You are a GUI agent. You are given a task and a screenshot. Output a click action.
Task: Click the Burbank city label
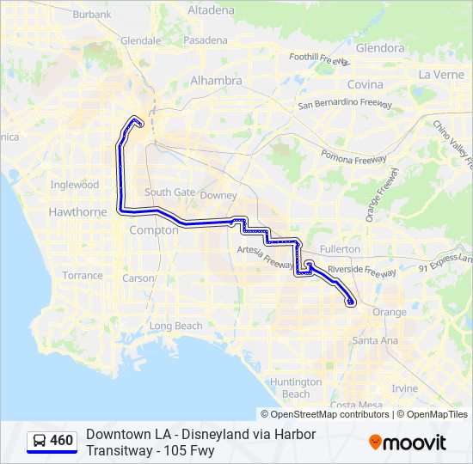(92, 14)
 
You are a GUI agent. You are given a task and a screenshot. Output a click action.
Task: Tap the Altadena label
(210, 10)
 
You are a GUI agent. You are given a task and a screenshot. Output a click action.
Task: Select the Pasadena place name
(205, 40)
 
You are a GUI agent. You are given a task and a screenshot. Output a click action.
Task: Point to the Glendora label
(379, 48)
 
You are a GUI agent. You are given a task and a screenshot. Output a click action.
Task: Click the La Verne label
(441, 75)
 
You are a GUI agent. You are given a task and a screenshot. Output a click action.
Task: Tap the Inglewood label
(75, 185)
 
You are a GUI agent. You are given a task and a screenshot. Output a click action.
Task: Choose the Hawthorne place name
(78, 212)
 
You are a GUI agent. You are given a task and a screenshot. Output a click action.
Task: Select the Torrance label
(83, 276)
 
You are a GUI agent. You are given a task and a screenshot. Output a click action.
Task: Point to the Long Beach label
(175, 326)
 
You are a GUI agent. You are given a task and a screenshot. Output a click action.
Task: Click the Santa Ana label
(375, 340)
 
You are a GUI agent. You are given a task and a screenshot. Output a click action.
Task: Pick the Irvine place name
(404, 388)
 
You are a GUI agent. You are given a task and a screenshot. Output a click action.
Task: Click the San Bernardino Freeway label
(345, 105)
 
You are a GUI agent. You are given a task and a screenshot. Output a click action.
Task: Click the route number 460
(61, 441)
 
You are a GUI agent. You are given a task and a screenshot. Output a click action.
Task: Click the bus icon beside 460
(39, 442)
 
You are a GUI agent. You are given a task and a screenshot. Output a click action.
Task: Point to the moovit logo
(408, 443)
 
